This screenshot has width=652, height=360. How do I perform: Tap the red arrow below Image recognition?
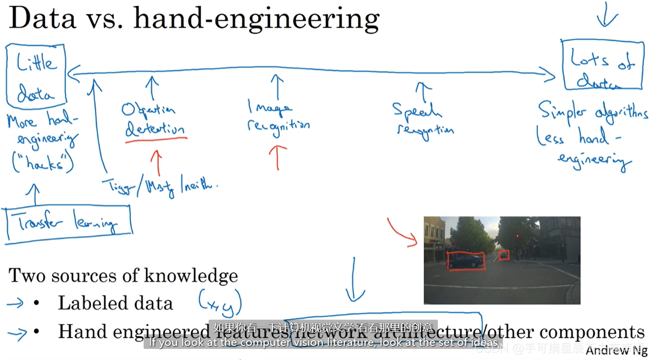278,156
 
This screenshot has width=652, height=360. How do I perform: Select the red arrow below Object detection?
157,162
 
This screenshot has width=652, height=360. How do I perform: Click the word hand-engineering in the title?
256,19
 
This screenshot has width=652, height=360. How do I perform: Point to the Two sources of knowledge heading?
123,275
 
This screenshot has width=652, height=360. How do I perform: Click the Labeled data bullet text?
115,303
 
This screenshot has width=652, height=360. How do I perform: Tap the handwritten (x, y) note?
219,303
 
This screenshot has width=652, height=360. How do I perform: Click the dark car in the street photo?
466,261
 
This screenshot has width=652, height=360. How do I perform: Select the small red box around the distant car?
504,256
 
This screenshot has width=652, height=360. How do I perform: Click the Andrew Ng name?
616,350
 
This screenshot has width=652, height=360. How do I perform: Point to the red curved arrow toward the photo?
402,232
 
